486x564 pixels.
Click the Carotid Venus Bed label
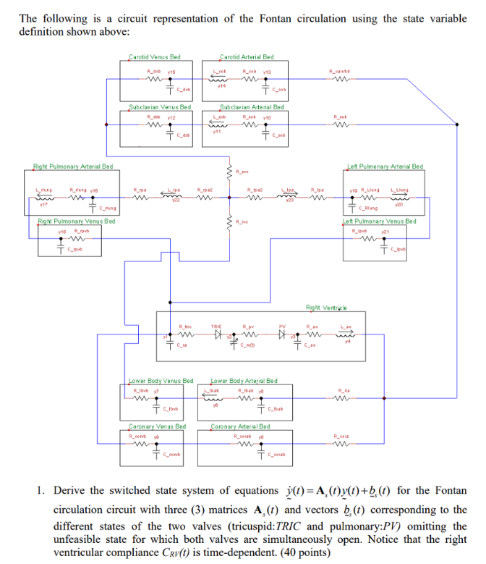[x=154, y=56]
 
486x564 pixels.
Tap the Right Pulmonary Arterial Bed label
[x=73, y=167]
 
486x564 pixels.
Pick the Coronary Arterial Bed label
[x=242, y=426]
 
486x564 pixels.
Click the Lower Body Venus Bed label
[x=160, y=380]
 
